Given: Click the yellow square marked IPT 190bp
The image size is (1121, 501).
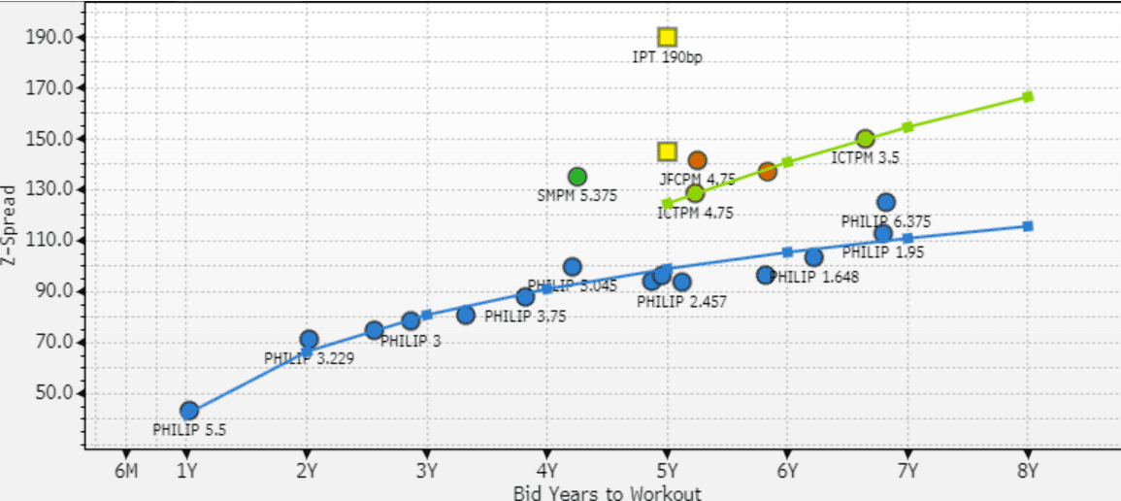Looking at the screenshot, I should tap(667, 38).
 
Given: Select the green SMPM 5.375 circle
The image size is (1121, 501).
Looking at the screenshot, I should tap(577, 177).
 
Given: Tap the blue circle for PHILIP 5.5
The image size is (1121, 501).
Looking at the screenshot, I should tap(189, 411).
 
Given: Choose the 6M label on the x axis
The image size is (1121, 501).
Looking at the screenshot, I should tap(125, 472).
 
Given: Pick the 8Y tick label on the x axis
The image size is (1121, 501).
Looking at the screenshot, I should tap(1028, 472).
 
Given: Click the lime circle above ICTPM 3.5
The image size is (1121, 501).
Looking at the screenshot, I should tap(865, 139).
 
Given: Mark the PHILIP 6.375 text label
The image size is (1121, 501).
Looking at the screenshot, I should tap(886, 221).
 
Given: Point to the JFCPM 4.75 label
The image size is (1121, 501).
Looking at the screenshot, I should tap(697, 179).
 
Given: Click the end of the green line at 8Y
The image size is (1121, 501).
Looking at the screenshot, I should tap(1028, 97).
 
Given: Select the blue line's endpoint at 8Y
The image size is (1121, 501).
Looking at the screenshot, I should tap(1028, 226).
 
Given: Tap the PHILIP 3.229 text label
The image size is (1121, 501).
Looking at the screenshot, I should tap(310, 358).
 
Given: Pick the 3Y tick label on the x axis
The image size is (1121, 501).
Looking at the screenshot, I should tap(426, 472).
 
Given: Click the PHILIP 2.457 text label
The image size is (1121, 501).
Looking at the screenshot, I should tap(681, 302).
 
